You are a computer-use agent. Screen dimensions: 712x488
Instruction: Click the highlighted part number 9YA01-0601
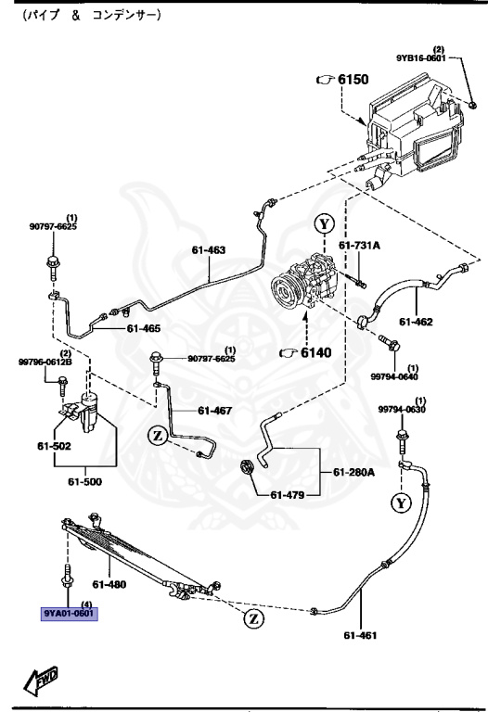[x=69, y=613]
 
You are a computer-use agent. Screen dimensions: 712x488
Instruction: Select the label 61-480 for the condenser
[x=109, y=584]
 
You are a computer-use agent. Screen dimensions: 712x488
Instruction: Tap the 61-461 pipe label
[x=362, y=635]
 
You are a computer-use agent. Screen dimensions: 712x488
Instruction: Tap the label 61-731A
[x=359, y=246]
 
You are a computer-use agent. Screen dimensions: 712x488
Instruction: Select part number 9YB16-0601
[x=422, y=57]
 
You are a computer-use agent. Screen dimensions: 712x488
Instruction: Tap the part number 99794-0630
[x=401, y=410]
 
